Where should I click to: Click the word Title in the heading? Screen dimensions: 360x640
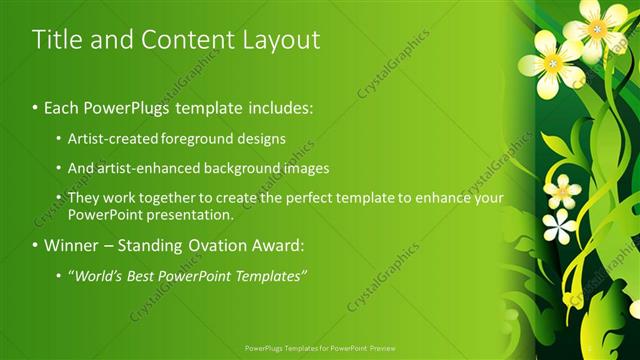tap(54, 40)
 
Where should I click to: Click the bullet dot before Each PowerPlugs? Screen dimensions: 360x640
tap(36, 106)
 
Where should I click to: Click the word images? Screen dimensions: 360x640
tap(304, 168)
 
